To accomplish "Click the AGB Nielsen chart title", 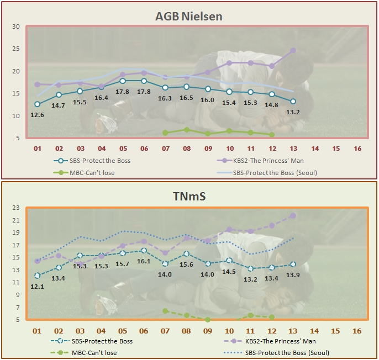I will point(189,17).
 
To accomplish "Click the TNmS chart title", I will point(189,196).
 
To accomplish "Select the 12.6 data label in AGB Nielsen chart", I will point(37,115).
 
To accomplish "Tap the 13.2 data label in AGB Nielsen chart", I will point(293,113).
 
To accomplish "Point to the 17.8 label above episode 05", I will point(123,92).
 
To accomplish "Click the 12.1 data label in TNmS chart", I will point(37,286).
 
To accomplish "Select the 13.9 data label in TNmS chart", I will point(293,275).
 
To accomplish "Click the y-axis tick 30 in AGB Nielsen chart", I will point(15,27).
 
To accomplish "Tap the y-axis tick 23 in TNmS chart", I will point(15,208).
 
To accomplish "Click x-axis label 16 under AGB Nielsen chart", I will point(357,149).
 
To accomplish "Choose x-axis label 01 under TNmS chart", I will point(37,330).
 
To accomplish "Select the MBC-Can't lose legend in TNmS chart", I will point(94,352).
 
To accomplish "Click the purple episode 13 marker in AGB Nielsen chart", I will point(293,50).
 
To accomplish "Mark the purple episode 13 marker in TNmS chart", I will point(293,215).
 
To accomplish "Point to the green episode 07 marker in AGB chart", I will point(165,133).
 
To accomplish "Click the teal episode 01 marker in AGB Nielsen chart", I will point(37,104).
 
